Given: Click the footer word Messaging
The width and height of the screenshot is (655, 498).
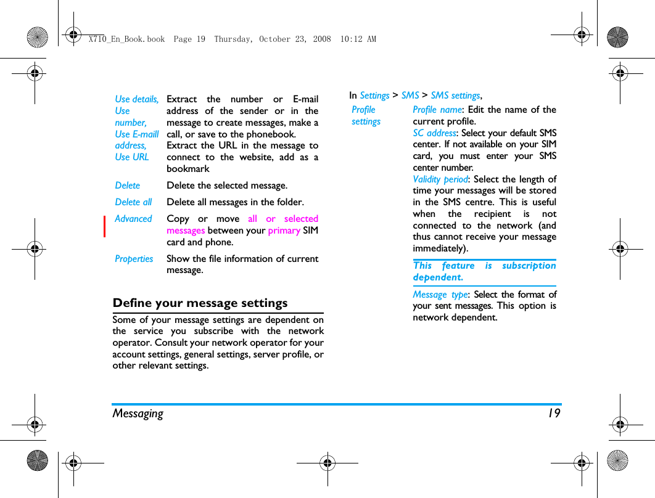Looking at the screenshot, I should (x=138, y=414).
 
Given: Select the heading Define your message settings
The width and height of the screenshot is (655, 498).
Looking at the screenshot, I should (x=200, y=303).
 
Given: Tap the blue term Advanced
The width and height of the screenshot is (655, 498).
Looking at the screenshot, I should (x=133, y=219).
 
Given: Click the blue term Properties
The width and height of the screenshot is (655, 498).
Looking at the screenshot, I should (x=134, y=259).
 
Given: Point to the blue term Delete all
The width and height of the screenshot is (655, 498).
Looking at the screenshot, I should (x=133, y=202).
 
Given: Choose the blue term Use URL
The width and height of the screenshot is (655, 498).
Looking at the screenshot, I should (x=132, y=157).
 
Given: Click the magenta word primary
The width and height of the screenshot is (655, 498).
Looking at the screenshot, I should (x=284, y=231).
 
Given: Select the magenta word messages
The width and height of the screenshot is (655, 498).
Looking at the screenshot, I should (x=186, y=231).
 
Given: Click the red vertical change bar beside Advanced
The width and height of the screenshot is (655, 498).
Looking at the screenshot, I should (x=105, y=226).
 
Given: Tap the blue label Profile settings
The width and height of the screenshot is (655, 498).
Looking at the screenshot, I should (x=366, y=115).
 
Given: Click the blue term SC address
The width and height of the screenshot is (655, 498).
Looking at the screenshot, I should (x=434, y=133).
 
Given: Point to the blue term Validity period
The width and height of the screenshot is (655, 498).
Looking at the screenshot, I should (x=440, y=179).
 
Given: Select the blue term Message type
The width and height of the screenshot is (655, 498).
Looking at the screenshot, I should (x=440, y=295).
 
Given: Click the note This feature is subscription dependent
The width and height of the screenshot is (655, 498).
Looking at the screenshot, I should (x=484, y=271).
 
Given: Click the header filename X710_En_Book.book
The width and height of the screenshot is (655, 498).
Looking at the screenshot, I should (x=126, y=39).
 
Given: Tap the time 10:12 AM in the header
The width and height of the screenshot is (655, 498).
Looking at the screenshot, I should (x=358, y=39).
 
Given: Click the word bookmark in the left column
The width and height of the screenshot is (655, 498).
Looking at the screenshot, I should (x=188, y=169).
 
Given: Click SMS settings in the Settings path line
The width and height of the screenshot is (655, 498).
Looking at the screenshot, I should (x=455, y=96).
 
